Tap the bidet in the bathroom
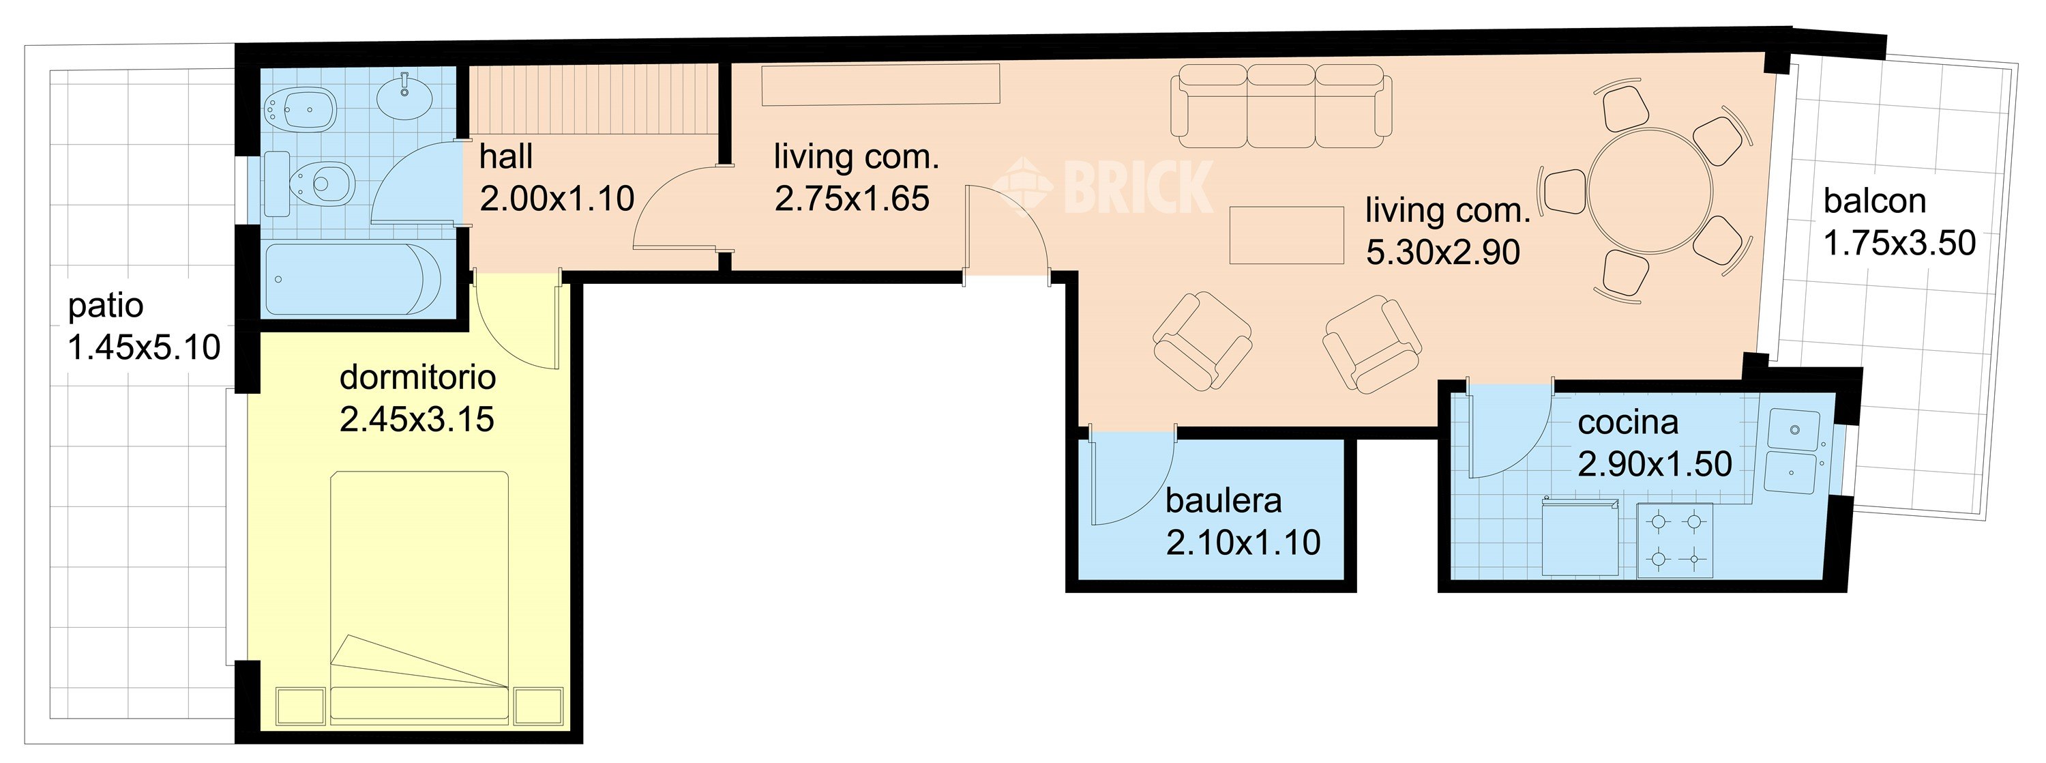point(302,107)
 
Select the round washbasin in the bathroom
point(405,96)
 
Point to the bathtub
point(353,280)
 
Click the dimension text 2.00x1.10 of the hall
point(557,199)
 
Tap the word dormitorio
point(418,377)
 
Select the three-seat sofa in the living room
point(1281,106)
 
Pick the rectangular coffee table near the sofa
point(1287,235)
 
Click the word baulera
point(1223,501)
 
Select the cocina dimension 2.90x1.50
point(1655,464)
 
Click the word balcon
point(1874,201)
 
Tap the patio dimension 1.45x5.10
point(144,348)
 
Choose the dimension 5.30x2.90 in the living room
point(1442,253)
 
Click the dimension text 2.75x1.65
point(851,199)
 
